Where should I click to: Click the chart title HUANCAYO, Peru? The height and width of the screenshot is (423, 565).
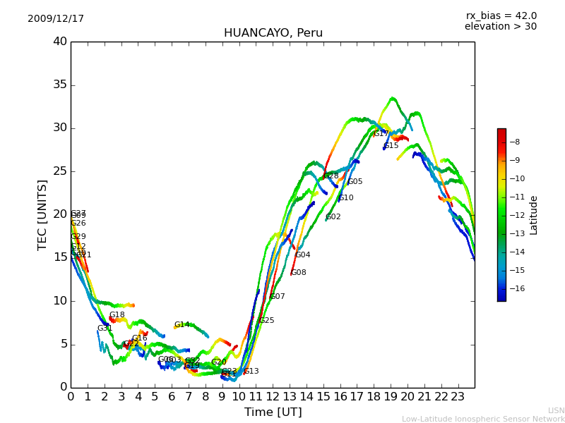(273, 33)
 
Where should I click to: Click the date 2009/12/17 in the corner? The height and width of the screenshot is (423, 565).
(56, 19)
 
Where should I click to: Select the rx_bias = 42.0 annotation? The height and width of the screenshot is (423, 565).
(501, 16)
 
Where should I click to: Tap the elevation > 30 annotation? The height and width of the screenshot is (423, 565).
(500, 27)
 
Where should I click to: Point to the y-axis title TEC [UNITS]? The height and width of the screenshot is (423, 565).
(42, 214)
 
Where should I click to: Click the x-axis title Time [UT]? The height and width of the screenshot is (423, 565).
(273, 412)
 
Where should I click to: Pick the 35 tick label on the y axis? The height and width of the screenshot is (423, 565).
(60, 85)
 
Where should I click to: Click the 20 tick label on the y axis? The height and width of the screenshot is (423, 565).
(60, 214)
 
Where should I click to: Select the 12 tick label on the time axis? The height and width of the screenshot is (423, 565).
(273, 396)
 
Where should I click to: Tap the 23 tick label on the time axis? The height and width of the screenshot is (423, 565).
(458, 396)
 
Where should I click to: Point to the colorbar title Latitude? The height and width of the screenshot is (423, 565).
(534, 215)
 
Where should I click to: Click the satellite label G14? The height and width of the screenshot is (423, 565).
(182, 325)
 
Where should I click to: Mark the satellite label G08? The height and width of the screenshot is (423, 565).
(299, 273)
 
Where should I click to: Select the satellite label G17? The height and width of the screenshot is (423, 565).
(381, 134)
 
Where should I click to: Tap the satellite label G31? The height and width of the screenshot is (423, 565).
(105, 329)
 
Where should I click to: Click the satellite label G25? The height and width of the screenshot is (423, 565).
(267, 321)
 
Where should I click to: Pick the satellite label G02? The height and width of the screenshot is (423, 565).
(333, 217)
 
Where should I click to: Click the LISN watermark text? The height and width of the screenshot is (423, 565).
(557, 410)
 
